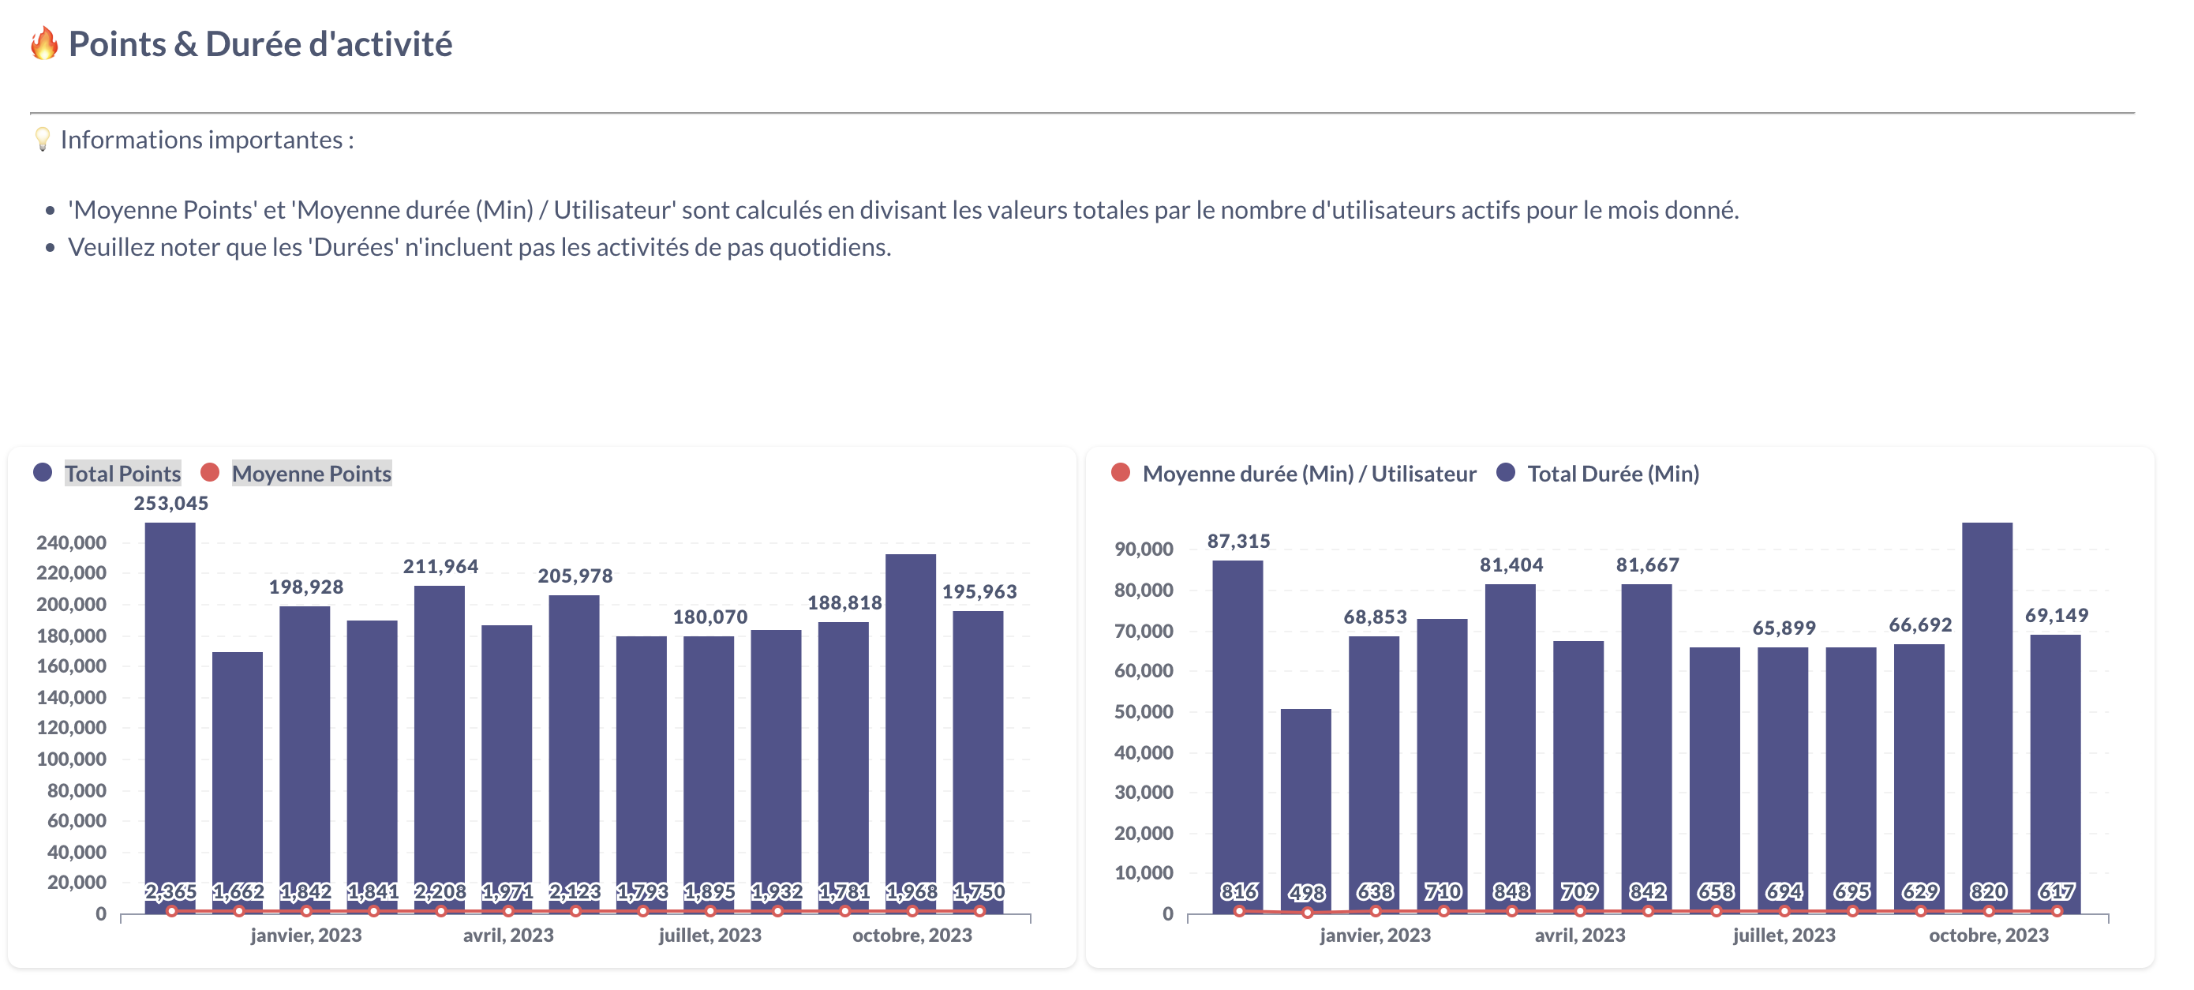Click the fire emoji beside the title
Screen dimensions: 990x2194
44,43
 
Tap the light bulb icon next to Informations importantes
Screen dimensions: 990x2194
42,139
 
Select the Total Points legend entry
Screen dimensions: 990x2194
122,474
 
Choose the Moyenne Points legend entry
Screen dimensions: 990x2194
311,474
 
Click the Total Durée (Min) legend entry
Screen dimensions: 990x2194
1612,474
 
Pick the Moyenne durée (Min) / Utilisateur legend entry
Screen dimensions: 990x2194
1309,474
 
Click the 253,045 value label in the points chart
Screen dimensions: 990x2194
171,504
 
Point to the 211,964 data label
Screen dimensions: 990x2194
440,567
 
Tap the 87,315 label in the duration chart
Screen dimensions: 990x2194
1238,541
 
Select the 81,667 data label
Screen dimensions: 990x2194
1647,564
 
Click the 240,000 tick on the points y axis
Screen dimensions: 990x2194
72,542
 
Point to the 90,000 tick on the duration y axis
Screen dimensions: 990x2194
1144,549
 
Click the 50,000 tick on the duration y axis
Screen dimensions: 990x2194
1144,712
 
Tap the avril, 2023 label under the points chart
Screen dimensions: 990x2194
508,936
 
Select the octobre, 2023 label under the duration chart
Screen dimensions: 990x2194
1989,936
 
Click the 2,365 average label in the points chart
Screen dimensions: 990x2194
171,891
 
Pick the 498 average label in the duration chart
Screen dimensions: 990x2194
1306,892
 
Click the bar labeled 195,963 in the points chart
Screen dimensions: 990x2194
978,750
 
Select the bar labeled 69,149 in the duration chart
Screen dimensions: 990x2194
2055,767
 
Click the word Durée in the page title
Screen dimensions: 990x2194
253,44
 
